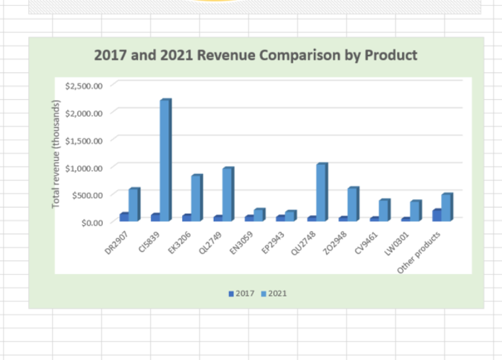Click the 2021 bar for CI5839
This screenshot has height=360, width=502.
click(165, 160)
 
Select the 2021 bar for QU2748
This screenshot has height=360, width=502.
click(321, 192)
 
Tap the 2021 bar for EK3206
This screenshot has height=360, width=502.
click(196, 198)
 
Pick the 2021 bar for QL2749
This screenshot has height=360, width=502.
click(227, 194)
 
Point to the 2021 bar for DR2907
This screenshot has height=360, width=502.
click(134, 204)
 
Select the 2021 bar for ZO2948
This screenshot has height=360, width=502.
click(352, 204)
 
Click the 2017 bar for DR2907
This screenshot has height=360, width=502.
click(124, 216)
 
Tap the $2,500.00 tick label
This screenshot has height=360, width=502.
click(84, 86)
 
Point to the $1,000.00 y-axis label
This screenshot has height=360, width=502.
click(84, 167)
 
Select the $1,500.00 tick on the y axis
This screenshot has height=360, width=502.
click(84, 140)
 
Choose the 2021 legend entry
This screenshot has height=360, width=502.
click(274, 293)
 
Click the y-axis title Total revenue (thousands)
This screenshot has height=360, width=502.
click(57, 154)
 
